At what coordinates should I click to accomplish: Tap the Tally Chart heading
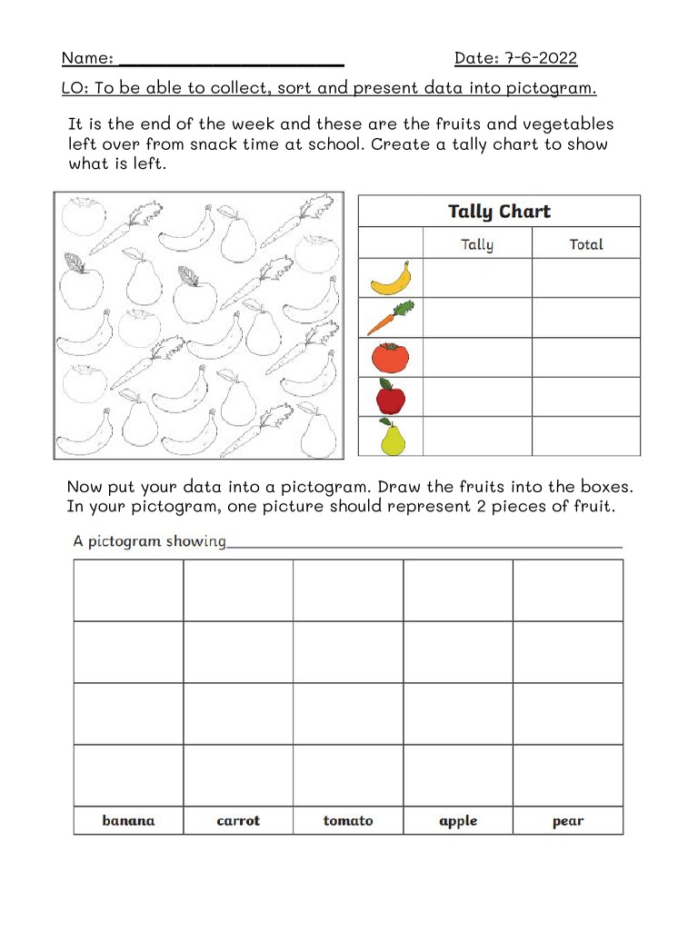pyautogui.click(x=499, y=212)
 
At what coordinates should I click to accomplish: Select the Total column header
pyautogui.click(x=585, y=243)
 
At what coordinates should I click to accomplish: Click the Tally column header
pyautogui.click(x=477, y=243)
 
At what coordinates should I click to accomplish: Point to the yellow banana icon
pyautogui.click(x=391, y=279)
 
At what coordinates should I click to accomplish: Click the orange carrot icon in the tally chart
pyautogui.click(x=391, y=318)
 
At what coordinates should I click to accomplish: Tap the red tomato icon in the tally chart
pyautogui.click(x=391, y=357)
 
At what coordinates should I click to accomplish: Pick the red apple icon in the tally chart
pyautogui.click(x=391, y=397)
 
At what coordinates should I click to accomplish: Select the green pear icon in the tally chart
pyautogui.click(x=392, y=437)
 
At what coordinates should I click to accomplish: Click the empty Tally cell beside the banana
pyautogui.click(x=477, y=278)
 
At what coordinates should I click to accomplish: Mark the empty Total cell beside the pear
pyautogui.click(x=585, y=436)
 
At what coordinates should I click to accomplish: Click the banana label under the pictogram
pyautogui.click(x=128, y=821)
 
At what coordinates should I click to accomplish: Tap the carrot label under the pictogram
pyautogui.click(x=238, y=821)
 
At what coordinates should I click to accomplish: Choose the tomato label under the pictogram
pyautogui.click(x=348, y=821)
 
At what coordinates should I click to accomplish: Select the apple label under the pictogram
pyautogui.click(x=458, y=821)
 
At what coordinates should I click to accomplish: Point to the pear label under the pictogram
pyautogui.click(x=568, y=821)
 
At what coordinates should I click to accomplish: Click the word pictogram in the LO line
pyautogui.click(x=550, y=89)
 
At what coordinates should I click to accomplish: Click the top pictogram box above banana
pyautogui.click(x=128, y=590)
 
